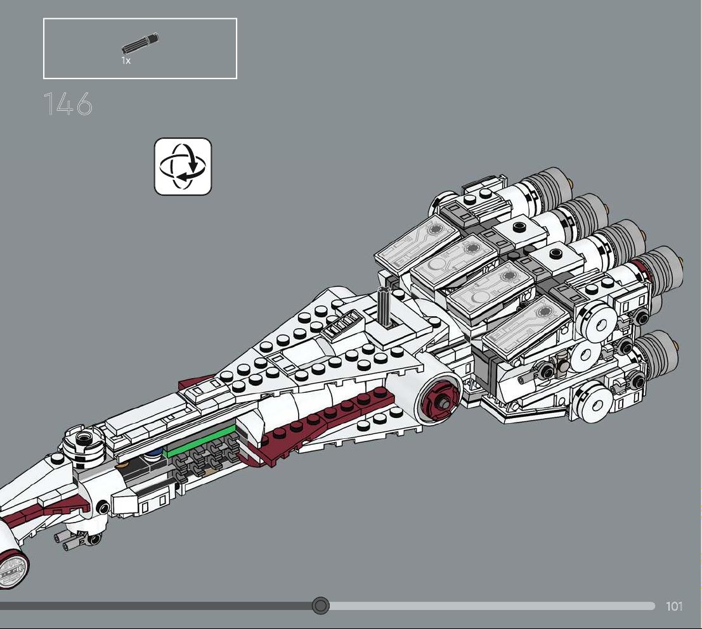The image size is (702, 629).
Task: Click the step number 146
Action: tap(68, 104)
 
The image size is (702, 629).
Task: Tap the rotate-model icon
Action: tap(183, 167)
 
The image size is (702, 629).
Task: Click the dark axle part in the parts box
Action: tap(140, 43)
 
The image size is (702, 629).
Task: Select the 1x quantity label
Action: tap(126, 60)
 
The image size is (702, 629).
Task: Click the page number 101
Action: tap(674, 606)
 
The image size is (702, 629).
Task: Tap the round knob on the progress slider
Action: tap(320, 606)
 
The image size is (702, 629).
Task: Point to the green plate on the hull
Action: tap(200, 440)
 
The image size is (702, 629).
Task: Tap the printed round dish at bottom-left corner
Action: tap(13, 568)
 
